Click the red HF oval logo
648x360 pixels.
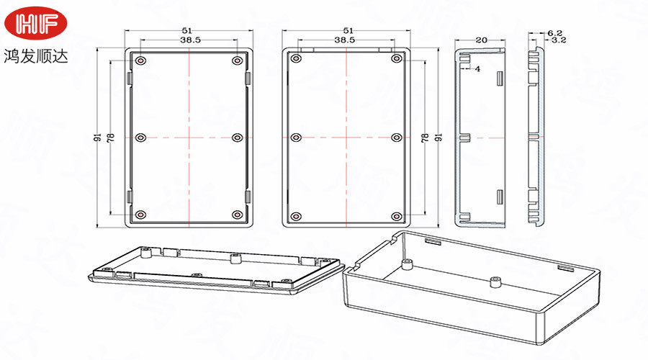[35, 23]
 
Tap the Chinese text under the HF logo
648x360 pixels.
[35, 55]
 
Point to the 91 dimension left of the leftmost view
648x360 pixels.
[99, 138]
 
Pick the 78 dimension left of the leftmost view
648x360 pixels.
[111, 138]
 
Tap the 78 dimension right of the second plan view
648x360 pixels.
[425, 138]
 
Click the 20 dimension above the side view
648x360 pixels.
[482, 40]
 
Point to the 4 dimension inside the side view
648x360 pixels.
[478, 69]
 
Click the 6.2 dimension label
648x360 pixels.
[554, 33]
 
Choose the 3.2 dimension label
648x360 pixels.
[559, 40]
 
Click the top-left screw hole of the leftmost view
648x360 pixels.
[141, 60]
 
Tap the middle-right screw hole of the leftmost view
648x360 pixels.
[237, 138]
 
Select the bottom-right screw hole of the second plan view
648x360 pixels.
[396, 216]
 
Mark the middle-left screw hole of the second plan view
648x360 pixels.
[296, 138]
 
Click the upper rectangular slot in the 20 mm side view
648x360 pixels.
[500, 78]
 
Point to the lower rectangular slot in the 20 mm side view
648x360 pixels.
[500, 197]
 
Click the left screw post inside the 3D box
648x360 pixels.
[408, 264]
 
